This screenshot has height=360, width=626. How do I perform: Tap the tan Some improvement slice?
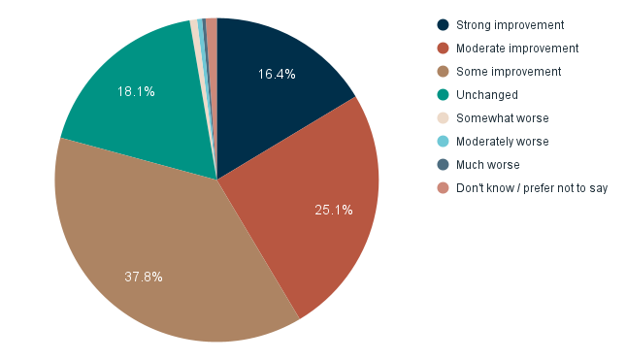click(x=165, y=262)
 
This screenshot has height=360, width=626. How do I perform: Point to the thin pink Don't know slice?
click(x=212, y=58)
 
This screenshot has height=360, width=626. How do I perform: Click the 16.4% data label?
click(x=277, y=74)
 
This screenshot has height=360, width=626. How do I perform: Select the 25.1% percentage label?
click(x=334, y=210)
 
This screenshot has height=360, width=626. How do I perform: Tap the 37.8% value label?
click(x=144, y=277)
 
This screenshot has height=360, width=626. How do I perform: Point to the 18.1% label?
click(x=136, y=91)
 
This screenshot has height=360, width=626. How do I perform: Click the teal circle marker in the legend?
click(x=444, y=95)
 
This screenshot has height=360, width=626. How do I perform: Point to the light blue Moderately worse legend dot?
click(x=444, y=142)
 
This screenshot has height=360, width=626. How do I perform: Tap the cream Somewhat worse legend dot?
click(x=444, y=118)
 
